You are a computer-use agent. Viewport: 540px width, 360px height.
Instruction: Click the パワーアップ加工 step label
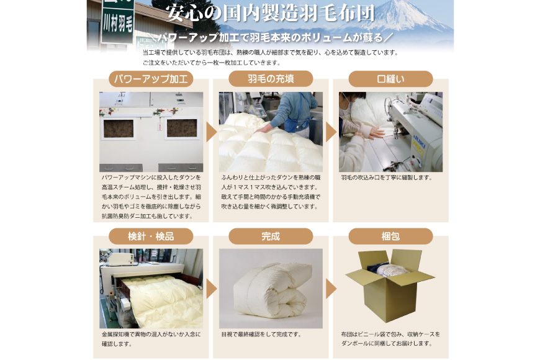[x=151, y=79]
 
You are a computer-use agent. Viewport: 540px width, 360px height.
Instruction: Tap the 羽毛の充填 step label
[x=271, y=79]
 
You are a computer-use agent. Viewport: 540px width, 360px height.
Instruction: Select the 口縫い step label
[x=390, y=79]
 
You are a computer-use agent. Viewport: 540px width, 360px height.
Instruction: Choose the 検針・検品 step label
[x=151, y=236]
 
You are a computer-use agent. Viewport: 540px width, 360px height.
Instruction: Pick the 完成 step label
[x=271, y=236]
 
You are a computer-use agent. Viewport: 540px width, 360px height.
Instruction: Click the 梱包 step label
[x=390, y=236]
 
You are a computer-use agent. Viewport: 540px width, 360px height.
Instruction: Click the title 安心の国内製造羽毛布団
[x=271, y=13]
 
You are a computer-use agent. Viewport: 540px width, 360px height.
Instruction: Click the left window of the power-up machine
[x=119, y=128]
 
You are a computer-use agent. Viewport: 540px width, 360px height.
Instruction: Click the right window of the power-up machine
[x=182, y=128]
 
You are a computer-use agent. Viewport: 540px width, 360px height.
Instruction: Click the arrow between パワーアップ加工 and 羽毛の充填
[x=211, y=132]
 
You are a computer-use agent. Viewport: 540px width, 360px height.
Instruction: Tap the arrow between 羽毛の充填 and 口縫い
[x=331, y=132]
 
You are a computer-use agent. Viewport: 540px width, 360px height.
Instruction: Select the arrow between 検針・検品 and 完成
[x=211, y=289]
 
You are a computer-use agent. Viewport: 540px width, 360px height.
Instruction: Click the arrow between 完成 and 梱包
[x=331, y=289]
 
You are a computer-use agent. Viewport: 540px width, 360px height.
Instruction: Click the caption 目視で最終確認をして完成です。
[x=262, y=334]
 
